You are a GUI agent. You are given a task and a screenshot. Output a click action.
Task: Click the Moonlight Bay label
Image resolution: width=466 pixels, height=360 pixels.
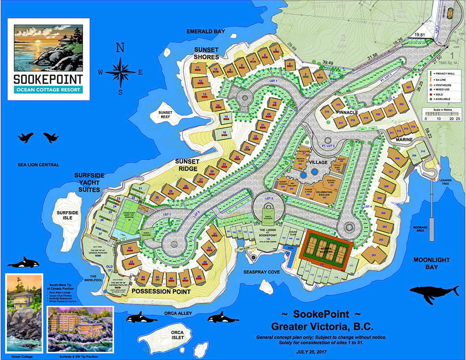(431, 263)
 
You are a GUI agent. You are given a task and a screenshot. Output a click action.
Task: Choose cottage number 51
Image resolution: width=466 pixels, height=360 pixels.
(215, 234)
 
